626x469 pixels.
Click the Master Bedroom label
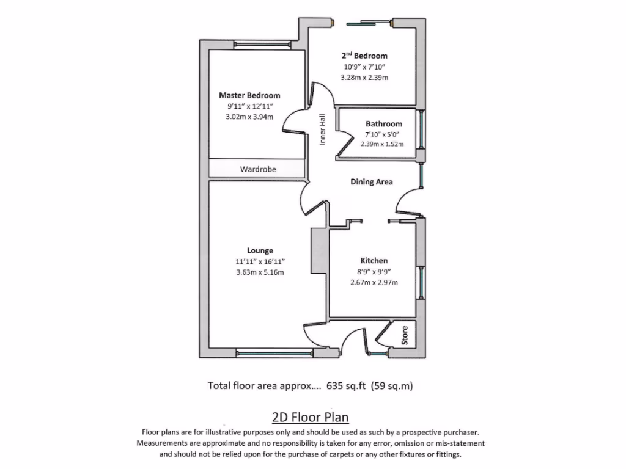[x=249, y=95]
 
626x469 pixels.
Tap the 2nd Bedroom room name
[x=364, y=56]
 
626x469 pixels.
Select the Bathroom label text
[x=384, y=123]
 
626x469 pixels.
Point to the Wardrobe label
[x=258, y=169]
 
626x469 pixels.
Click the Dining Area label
[x=371, y=182]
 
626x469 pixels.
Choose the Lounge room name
[x=260, y=250]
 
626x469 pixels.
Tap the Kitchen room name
[x=374, y=260]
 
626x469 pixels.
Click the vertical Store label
[x=405, y=335]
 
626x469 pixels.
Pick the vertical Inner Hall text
[x=322, y=129]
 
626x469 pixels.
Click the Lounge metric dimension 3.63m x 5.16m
[x=260, y=272]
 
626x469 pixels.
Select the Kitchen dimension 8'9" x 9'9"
[x=374, y=272]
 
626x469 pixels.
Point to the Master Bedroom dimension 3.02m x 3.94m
[x=249, y=117]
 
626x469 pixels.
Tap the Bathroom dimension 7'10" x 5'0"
[x=382, y=134]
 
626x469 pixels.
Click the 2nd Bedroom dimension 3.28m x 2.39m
[x=364, y=78]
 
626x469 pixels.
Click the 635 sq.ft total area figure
[x=346, y=386]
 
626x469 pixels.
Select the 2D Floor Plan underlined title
[x=310, y=417]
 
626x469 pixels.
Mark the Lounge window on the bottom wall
[x=274, y=353]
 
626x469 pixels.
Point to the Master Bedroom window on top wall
[x=262, y=45]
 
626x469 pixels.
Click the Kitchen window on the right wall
[x=421, y=282]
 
